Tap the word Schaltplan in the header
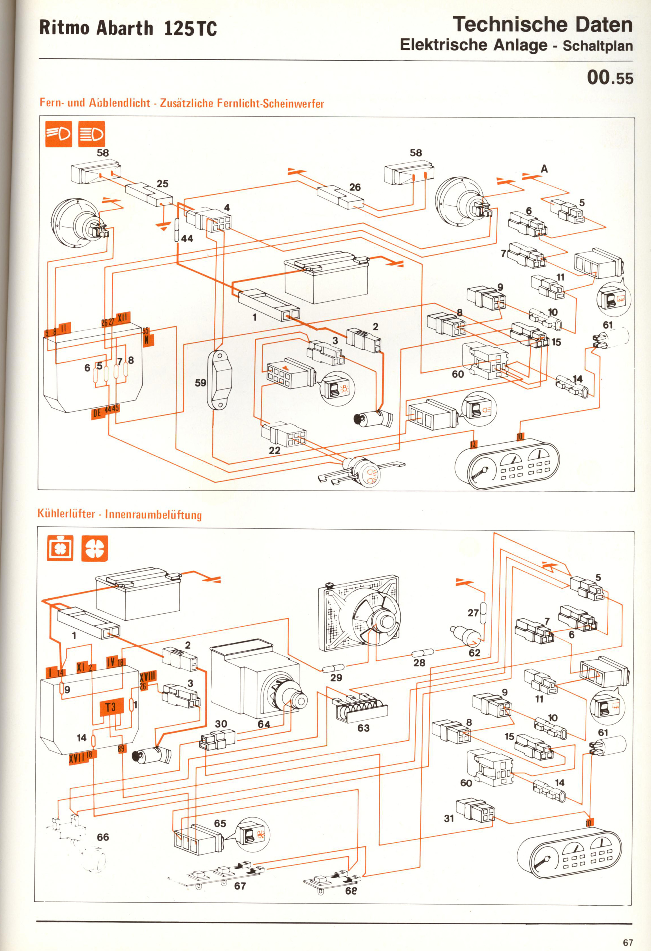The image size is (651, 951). pos(598,46)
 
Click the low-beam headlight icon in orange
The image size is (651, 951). pos(59,134)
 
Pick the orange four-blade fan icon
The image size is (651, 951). pos(95,548)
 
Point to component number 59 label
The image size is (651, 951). pos(200,383)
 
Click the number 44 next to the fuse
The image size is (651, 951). pos(187,238)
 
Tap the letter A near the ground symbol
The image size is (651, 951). pos(544,169)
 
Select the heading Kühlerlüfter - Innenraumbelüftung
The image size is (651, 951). pos(119,514)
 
